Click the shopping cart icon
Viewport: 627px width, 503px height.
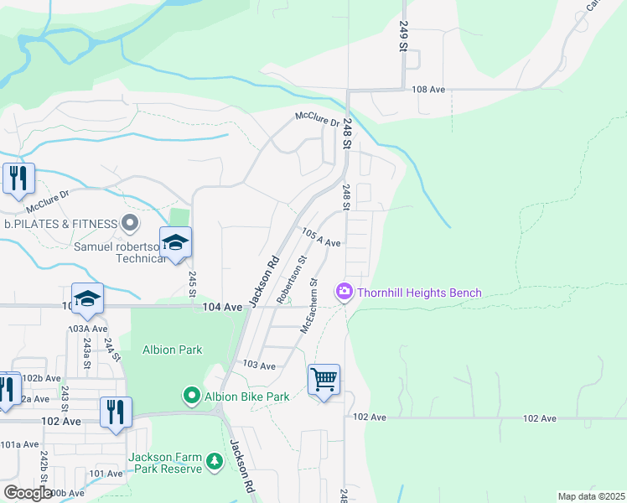pos(324,379)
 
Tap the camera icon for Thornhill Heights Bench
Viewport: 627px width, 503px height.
pos(344,292)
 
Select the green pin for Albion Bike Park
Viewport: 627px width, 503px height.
pos(191,396)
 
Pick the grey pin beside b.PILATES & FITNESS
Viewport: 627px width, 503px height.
pos(130,224)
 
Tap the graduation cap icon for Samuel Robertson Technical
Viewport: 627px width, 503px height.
pos(175,243)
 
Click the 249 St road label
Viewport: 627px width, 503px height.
pos(403,37)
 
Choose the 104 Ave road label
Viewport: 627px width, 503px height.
pos(222,308)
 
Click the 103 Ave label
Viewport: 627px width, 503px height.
pos(259,366)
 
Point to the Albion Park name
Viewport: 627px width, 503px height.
pos(172,350)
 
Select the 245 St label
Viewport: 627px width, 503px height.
pos(192,283)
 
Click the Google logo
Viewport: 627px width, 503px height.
pos(28,493)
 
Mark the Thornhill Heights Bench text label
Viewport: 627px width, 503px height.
pos(419,293)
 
